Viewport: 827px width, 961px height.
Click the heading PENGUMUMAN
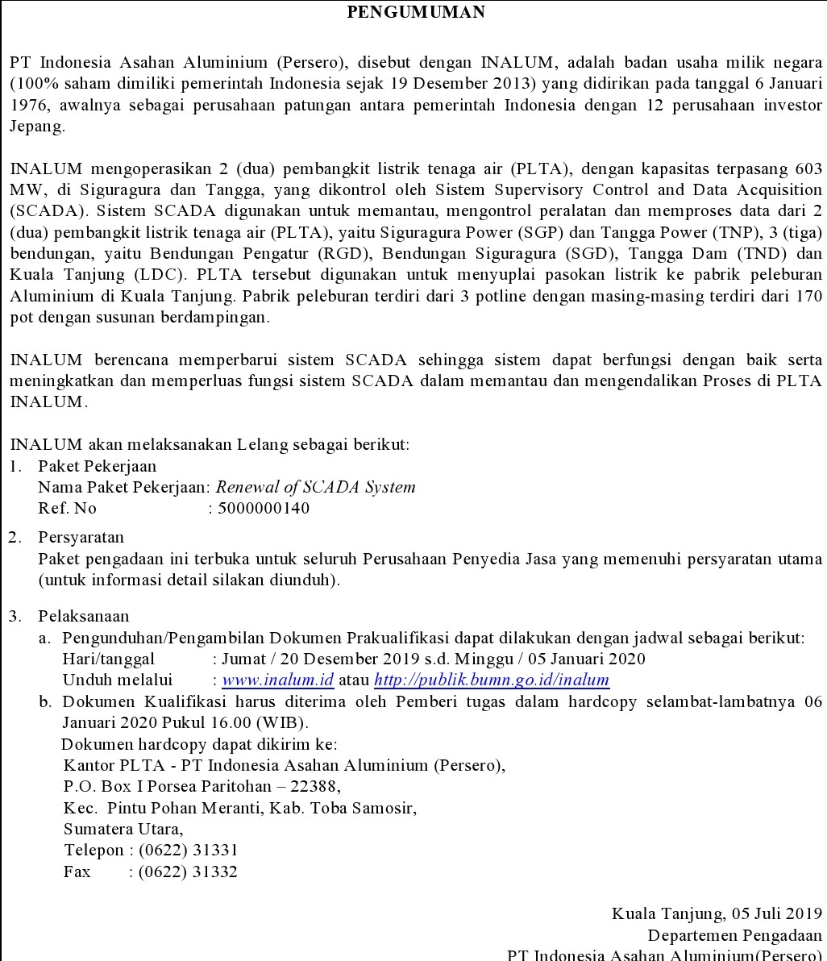[416, 11]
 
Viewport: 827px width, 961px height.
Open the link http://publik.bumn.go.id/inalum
[492, 680]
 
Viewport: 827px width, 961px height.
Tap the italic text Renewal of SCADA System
[316, 487]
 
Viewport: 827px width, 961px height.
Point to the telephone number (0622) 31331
[188, 850]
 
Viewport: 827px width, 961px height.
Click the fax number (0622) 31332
[188, 871]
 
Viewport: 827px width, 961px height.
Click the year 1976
[29, 106]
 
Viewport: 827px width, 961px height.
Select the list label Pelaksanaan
[83, 617]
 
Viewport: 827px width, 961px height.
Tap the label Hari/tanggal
[98, 659]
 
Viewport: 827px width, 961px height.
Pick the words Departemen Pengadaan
[735, 935]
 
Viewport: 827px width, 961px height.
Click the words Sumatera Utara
[123, 828]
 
